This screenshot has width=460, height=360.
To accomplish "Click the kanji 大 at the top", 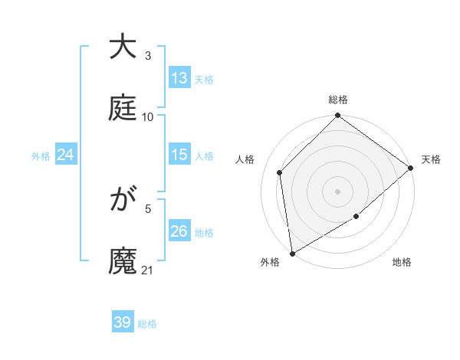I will click(123, 47).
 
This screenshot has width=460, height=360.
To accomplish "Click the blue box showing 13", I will click(179, 78).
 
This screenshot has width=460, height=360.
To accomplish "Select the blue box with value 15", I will click(179, 155).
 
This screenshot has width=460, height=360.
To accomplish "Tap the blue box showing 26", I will click(179, 231).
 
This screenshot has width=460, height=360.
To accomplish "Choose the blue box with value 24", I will click(66, 155).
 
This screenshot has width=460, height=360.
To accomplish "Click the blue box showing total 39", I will click(123, 322).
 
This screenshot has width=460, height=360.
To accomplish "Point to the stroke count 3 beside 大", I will click(148, 56).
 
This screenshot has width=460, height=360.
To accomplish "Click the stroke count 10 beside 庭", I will click(148, 117).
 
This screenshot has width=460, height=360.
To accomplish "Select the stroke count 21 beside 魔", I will click(148, 270).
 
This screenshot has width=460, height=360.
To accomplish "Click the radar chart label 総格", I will click(338, 100).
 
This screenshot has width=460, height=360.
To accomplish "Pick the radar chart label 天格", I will click(431, 159).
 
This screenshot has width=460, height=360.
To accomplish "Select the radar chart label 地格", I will click(402, 263).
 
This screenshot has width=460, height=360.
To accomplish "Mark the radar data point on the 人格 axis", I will click(280, 172).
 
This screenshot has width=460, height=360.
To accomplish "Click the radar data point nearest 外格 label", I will click(292, 253).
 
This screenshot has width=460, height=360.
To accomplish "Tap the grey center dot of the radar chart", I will click(337, 191).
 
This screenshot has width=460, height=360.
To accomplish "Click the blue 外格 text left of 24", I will click(41, 155).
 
